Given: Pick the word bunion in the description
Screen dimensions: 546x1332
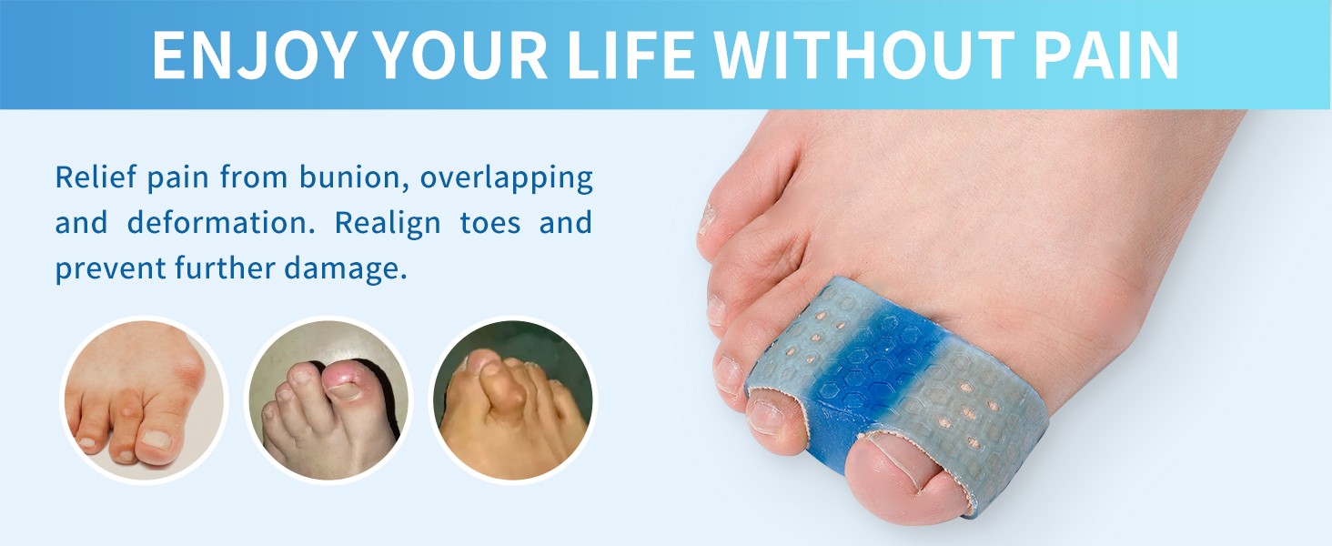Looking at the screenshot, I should tap(350, 177).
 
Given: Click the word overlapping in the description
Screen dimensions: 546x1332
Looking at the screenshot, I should tap(506, 177).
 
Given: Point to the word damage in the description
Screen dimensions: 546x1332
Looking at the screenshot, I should tap(350, 269).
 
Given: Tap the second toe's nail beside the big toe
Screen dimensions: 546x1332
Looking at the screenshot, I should tap(773, 414).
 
